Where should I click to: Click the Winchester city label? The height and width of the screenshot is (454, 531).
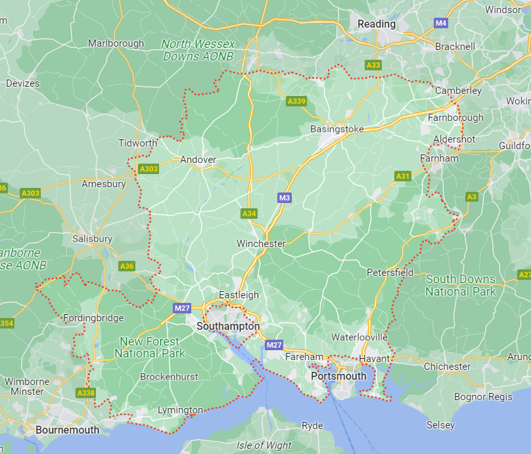tap(261, 244)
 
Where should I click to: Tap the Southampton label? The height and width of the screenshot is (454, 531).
tap(228, 326)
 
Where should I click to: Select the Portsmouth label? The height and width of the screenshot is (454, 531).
tap(338, 376)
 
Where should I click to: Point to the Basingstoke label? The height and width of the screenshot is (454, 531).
tap(336, 129)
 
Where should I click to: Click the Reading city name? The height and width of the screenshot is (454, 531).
tap(377, 24)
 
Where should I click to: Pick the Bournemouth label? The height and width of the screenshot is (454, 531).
tap(68, 430)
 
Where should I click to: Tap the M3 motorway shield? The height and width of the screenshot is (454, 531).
tap(284, 198)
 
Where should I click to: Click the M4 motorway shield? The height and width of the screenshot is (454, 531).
tap(441, 23)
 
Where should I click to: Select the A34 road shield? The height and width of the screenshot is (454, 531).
tap(249, 214)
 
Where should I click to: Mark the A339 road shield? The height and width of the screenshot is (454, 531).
tap(296, 101)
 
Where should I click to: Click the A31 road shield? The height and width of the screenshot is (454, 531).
tap(403, 176)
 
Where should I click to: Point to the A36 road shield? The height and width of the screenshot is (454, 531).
tap(127, 266)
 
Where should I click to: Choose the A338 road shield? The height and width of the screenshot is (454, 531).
tap(85, 393)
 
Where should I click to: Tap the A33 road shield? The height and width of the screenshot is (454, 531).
tap(373, 65)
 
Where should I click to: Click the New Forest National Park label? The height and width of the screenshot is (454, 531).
tap(150, 348)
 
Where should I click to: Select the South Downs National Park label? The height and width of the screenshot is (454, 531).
tap(461, 285)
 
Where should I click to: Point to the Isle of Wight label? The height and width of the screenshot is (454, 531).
tap(264, 445)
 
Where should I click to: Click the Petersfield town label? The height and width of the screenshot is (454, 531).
tap(390, 272)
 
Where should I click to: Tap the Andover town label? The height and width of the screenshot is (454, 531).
tap(198, 160)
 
